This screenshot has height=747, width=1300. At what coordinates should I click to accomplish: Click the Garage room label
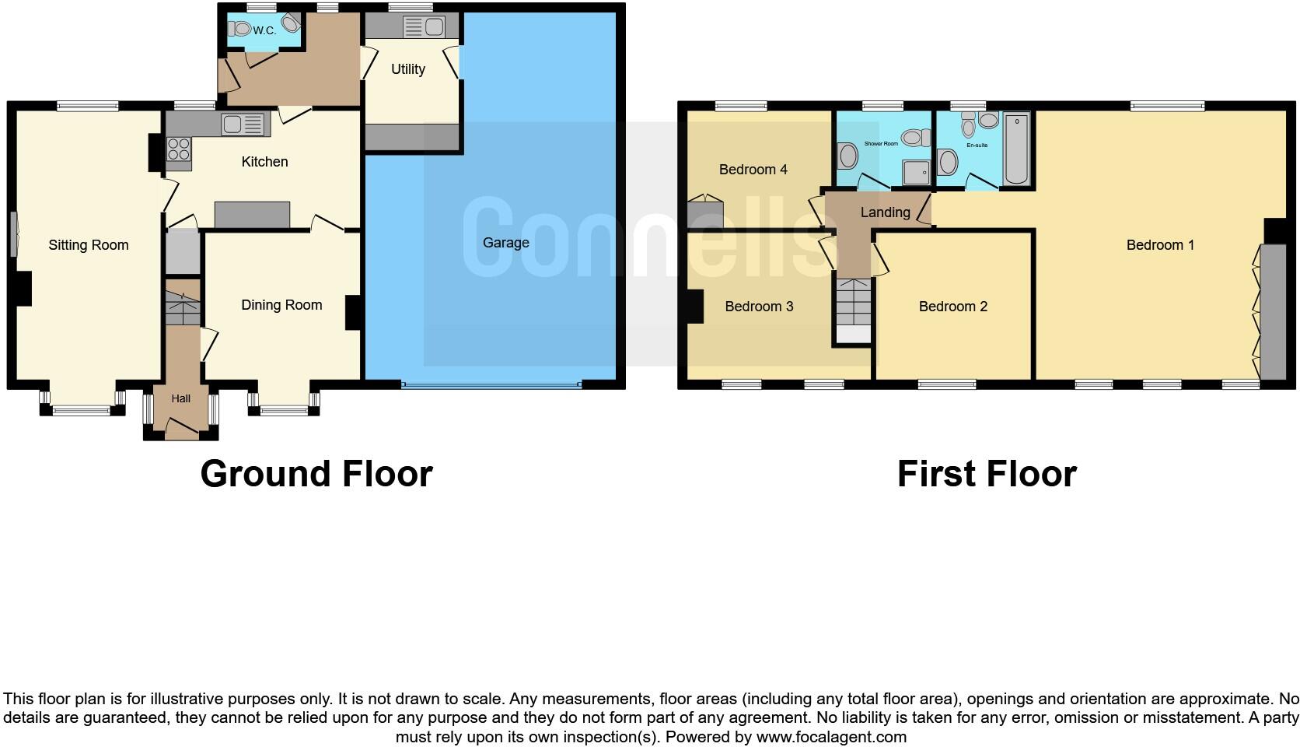click(505, 243)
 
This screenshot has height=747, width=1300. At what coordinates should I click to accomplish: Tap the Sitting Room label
click(89, 245)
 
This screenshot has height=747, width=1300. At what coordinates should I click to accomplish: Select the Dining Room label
click(281, 305)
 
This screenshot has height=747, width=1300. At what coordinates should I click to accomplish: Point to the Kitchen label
click(264, 162)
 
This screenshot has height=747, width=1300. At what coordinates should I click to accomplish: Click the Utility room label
click(407, 69)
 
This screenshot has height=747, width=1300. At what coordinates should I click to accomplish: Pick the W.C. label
click(264, 31)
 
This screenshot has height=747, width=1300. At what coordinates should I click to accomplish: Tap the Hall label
click(180, 398)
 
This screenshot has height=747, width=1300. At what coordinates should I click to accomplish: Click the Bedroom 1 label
click(1160, 245)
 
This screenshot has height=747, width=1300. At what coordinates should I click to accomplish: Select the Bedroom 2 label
click(952, 307)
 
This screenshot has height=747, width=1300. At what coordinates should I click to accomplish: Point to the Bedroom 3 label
click(759, 307)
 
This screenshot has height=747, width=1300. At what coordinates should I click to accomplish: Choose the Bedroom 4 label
click(753, 170)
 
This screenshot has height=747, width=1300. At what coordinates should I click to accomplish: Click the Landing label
click(885, 212)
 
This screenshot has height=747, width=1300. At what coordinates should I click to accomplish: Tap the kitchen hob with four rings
click(178, 149)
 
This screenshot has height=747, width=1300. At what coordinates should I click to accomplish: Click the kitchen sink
click(233, 124)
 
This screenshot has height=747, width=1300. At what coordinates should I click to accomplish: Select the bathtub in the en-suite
click(1016, 149)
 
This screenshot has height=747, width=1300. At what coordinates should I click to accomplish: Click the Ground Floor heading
click(316, 474)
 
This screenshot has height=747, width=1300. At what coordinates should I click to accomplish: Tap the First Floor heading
click(986, 474)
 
